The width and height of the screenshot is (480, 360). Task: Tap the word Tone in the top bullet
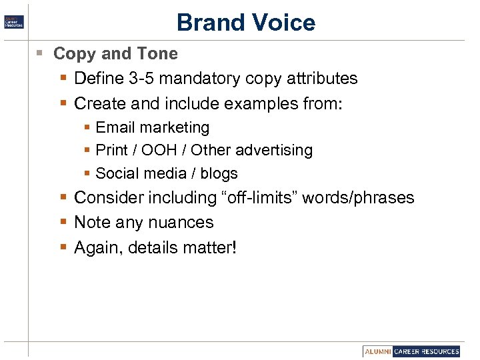[158, 53]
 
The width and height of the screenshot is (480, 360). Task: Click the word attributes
[321, 79]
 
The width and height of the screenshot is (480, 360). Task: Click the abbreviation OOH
[160, 150]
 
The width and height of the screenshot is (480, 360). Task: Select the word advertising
[273, 150]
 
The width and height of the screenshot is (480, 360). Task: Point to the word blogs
[219, 173]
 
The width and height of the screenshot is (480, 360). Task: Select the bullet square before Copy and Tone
[41, 53]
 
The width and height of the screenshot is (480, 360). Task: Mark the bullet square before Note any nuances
[63, 223]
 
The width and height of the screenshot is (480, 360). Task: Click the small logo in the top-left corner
[15, 21]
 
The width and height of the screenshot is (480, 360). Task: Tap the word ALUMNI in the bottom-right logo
[378, 351]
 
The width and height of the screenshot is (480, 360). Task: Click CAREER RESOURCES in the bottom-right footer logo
[427, 351]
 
